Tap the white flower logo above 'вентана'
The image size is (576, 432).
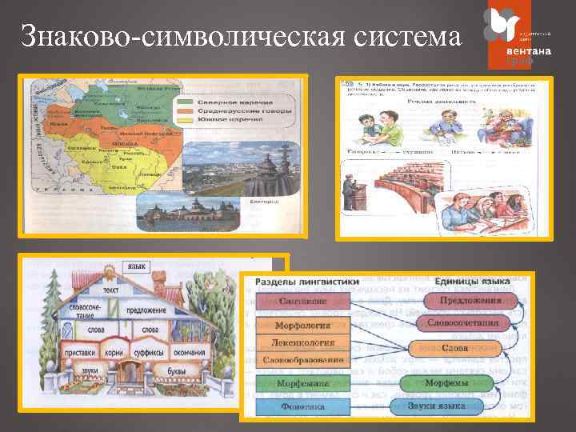[506, 26]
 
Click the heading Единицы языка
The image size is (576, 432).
[472, 282]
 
